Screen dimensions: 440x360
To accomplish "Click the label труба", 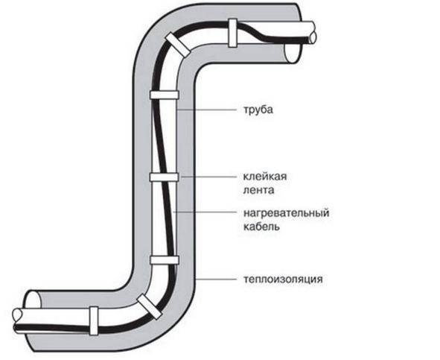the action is (x=258, y=110).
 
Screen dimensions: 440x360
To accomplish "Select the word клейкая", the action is (x=264, y=177).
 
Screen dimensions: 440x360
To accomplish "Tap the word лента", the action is (x=258, y=190).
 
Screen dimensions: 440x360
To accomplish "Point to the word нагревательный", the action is (x=286, y=212).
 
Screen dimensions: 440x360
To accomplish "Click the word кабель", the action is (x=261, y=227).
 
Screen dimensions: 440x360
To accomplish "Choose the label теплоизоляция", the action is (x=283, y=280).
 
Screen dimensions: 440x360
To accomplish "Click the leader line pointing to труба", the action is (x=208, y=110).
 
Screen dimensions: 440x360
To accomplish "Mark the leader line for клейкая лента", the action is (x=208, y=177).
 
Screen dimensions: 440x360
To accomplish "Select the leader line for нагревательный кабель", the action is (x=205, y=212).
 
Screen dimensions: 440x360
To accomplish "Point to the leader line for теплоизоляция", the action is (x=216, y=280).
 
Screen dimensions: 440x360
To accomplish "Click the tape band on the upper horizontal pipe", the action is (x=232, y=33).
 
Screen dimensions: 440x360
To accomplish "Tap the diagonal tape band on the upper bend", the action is (x=177, y=44).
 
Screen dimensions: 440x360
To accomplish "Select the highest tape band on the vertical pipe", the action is (x=165, y=95).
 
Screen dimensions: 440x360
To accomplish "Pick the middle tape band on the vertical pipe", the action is (x=164, y=177).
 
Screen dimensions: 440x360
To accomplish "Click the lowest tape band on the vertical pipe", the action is (x=165, y=260).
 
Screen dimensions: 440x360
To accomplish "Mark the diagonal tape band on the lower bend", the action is (x=150, y=306).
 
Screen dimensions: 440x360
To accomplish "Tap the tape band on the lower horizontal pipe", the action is (x=94, y=321).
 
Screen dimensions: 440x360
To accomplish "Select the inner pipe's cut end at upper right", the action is (x=313, y=33).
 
